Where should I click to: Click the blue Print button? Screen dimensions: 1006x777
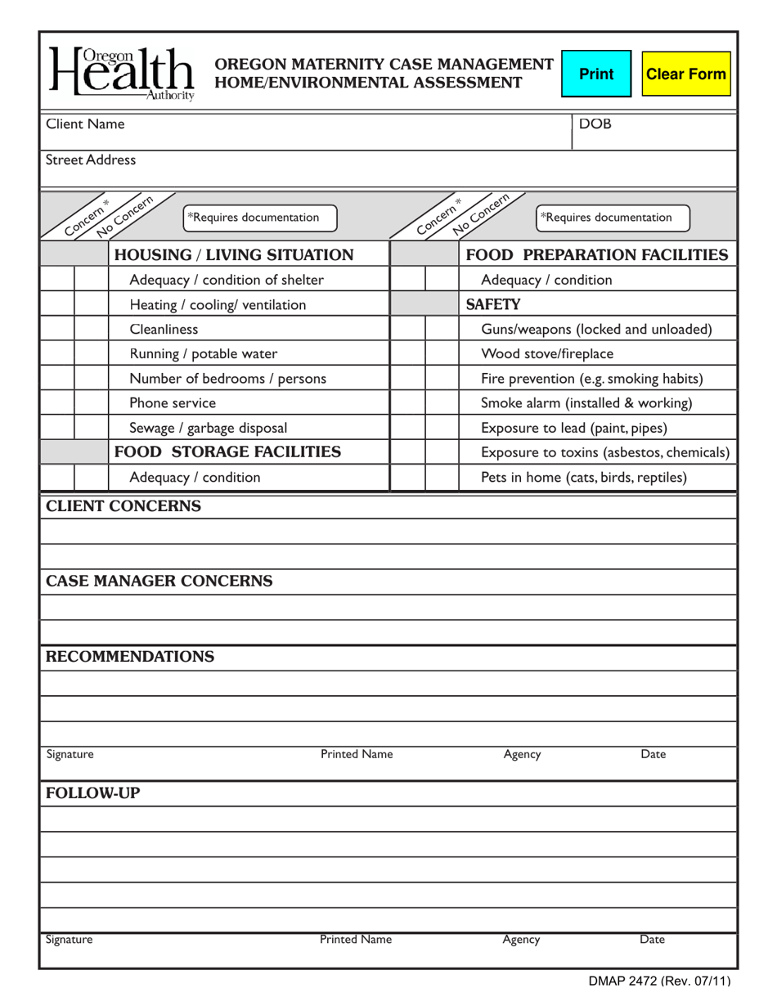(596, 74)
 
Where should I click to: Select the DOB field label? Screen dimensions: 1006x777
(595, 124)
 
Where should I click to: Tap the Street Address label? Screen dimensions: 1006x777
(91, 160)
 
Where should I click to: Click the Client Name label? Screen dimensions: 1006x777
(86, 124)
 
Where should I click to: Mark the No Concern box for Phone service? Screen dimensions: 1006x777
(92, 403)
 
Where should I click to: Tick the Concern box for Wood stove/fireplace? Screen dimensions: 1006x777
(407, 354)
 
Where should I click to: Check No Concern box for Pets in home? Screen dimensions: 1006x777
(442, 477)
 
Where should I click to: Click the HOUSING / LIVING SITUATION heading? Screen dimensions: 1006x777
(234, 255)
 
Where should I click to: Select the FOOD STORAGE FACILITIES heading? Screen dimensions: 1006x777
(227, 452)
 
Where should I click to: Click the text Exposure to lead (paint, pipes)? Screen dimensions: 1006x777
(574, 428)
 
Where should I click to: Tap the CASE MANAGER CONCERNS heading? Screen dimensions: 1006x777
(159, 582)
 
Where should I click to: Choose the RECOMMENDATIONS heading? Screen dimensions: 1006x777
(130, 657)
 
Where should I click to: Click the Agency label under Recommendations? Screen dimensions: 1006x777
(522, 754)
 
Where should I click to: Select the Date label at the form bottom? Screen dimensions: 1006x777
(652, 940)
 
